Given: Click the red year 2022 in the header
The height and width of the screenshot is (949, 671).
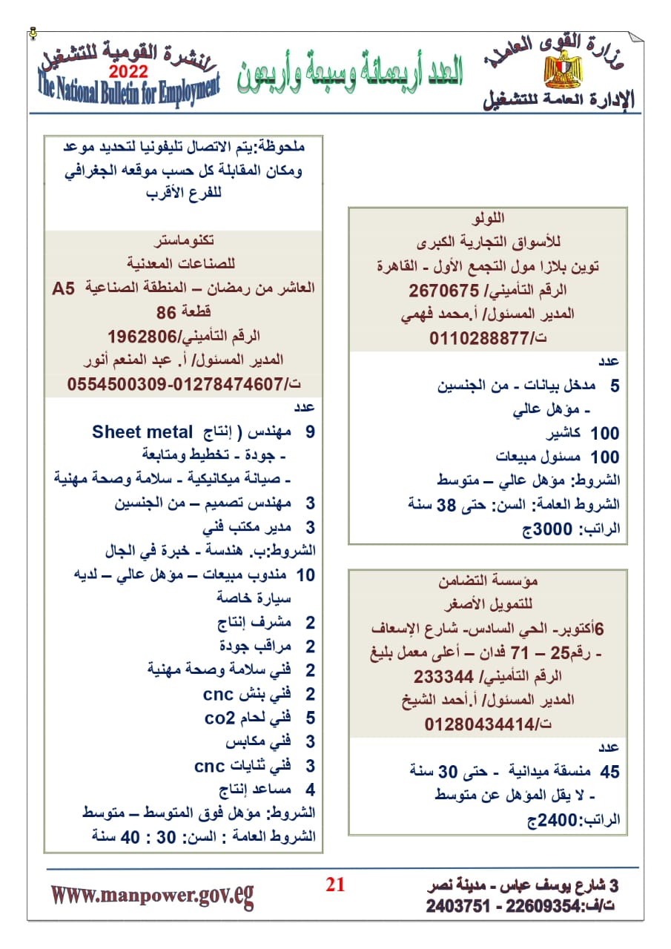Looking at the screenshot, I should [x=128, y=72].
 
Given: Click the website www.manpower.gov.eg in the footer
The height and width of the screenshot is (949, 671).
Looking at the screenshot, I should [x=152, y=895].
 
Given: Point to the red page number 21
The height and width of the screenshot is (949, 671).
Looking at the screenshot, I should [x=335, y=884].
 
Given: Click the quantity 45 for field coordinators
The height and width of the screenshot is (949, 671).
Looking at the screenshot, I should [x=609, y=773].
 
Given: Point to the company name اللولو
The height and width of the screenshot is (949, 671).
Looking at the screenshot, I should [x=488, y=219].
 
